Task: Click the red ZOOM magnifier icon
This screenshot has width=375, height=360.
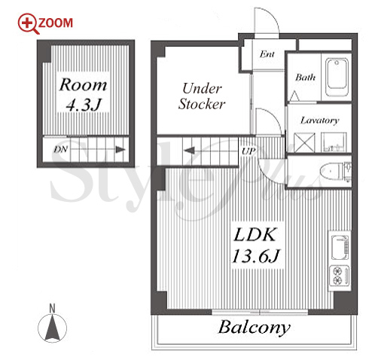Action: click(28, 23)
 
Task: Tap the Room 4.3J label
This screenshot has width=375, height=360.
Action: click(83, 95)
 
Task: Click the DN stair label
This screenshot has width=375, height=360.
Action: click(60, 150)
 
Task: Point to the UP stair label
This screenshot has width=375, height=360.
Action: click(248, 151)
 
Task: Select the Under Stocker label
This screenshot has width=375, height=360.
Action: click(202, 96)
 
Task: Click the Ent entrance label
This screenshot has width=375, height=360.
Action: click(267, 54)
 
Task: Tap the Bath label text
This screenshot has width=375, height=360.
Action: click(305, 77)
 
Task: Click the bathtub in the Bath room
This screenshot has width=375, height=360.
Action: click(337, 77)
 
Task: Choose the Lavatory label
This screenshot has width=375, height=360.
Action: click(319, 121)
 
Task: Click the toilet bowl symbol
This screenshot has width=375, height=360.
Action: click(331, 172)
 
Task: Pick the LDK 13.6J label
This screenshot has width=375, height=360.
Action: click(255, 245)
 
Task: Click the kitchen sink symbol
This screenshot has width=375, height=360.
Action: click(340, 248)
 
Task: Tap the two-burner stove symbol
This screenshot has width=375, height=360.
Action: click(340, 276)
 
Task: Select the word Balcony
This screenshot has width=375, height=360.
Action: click(255, 328)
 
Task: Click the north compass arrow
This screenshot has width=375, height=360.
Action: click(52, 328)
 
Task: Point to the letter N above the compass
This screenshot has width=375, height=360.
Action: click(52, 308)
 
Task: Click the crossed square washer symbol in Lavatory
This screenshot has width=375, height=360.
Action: click(304, 142)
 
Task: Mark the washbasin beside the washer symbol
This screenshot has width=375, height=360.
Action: click(334, 142)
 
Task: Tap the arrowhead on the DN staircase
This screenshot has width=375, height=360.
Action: click(120, 150)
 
